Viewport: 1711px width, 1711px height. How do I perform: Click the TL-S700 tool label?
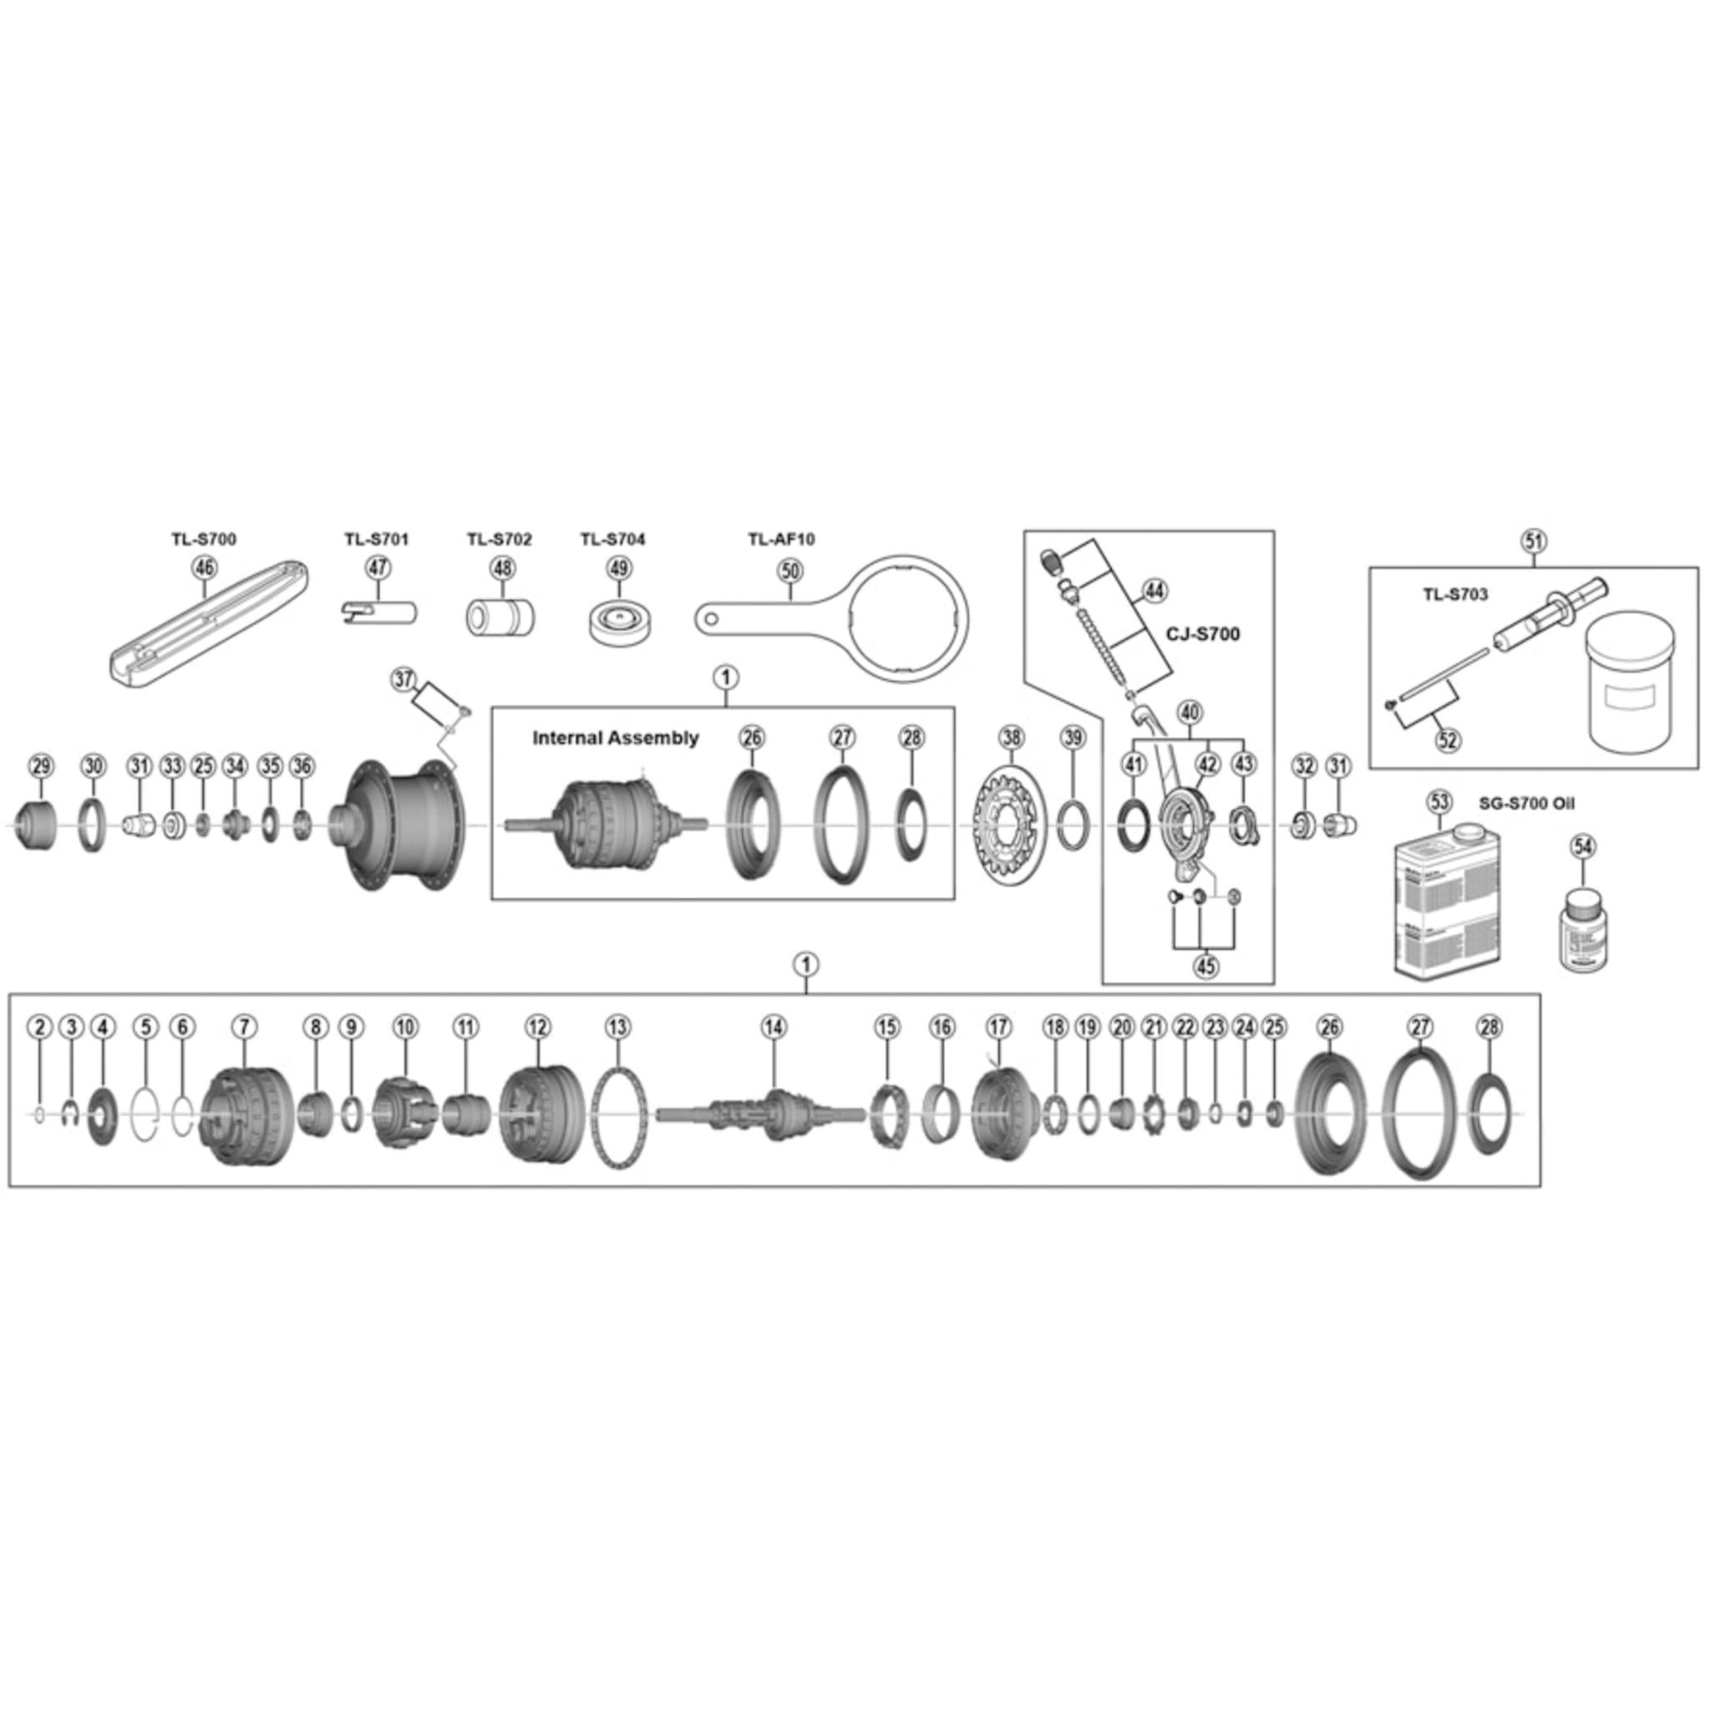pyautogui.click(x=204, y=540)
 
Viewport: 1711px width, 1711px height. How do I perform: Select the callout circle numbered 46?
pyautogui.click(x=205, y=567)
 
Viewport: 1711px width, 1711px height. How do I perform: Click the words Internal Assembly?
pyautogui.click(x=616, y=738)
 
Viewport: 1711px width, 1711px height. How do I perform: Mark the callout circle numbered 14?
pyautogui.click(x=773, y=1028)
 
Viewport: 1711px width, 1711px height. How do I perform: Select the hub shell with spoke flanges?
pyautogui.click(x=399, y=826)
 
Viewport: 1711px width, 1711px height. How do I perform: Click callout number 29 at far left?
pyautogui.click(x=41, y=766)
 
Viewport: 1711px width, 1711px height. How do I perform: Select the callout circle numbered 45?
pyautogui.click(x=1206, y=967)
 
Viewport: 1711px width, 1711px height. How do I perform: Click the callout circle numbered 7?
pyautogui.click(x=244, y=1028)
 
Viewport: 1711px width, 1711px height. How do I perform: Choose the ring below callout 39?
pyautogui.click(x=1073, y=826)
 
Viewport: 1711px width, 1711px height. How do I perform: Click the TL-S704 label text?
pyautogui.click(x=613, y=540)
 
